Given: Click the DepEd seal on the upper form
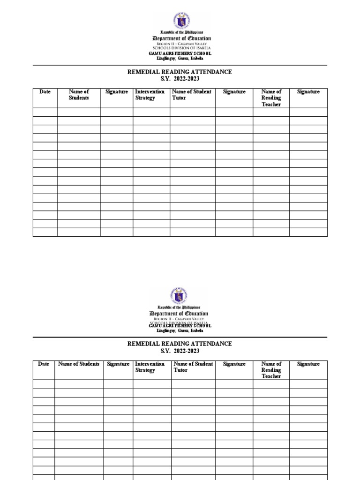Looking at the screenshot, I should [180, 20].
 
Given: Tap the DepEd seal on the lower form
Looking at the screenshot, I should [180, 295].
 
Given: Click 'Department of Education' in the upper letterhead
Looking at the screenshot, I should [180, 38].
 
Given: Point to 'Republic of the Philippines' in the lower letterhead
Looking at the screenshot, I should [180, 307].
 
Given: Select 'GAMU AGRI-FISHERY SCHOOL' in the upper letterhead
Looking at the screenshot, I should [180, 53].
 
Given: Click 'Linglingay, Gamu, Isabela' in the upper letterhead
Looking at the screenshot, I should [180, 59].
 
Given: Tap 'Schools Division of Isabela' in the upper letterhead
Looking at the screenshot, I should [180, 48].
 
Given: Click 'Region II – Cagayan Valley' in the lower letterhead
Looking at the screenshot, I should [180, 319].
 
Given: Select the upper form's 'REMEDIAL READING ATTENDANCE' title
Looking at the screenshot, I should [180, 72].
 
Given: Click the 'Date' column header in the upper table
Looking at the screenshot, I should [45, 92].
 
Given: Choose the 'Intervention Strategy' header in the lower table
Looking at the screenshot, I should [150, 367].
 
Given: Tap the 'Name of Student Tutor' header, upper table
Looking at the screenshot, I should [192, 95].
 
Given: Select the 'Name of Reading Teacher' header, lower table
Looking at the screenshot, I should [271, 370].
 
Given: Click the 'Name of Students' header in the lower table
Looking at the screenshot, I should [79, 364].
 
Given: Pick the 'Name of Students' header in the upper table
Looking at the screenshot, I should [79, 95].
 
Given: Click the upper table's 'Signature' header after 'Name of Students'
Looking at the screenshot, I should [116, 92].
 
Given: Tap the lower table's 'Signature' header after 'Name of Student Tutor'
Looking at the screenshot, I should [234, 364].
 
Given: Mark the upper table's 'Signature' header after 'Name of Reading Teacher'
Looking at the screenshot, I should [308, 92].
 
